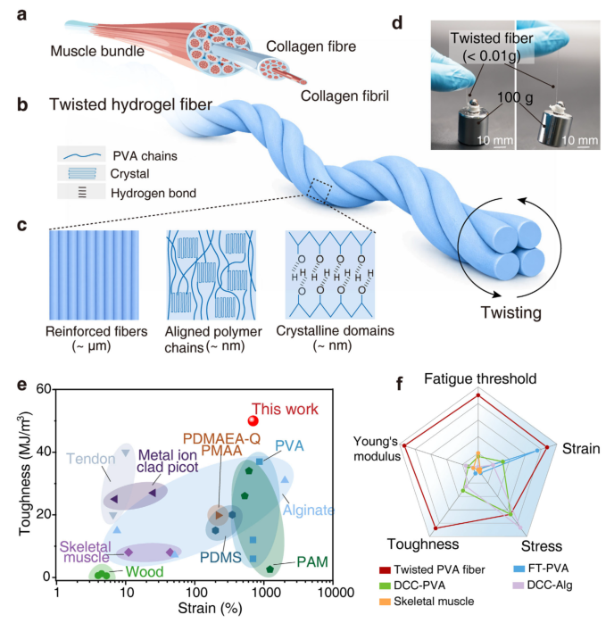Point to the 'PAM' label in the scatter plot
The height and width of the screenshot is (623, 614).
point(305,562)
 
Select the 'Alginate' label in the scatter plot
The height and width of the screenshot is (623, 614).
point(309,510)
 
